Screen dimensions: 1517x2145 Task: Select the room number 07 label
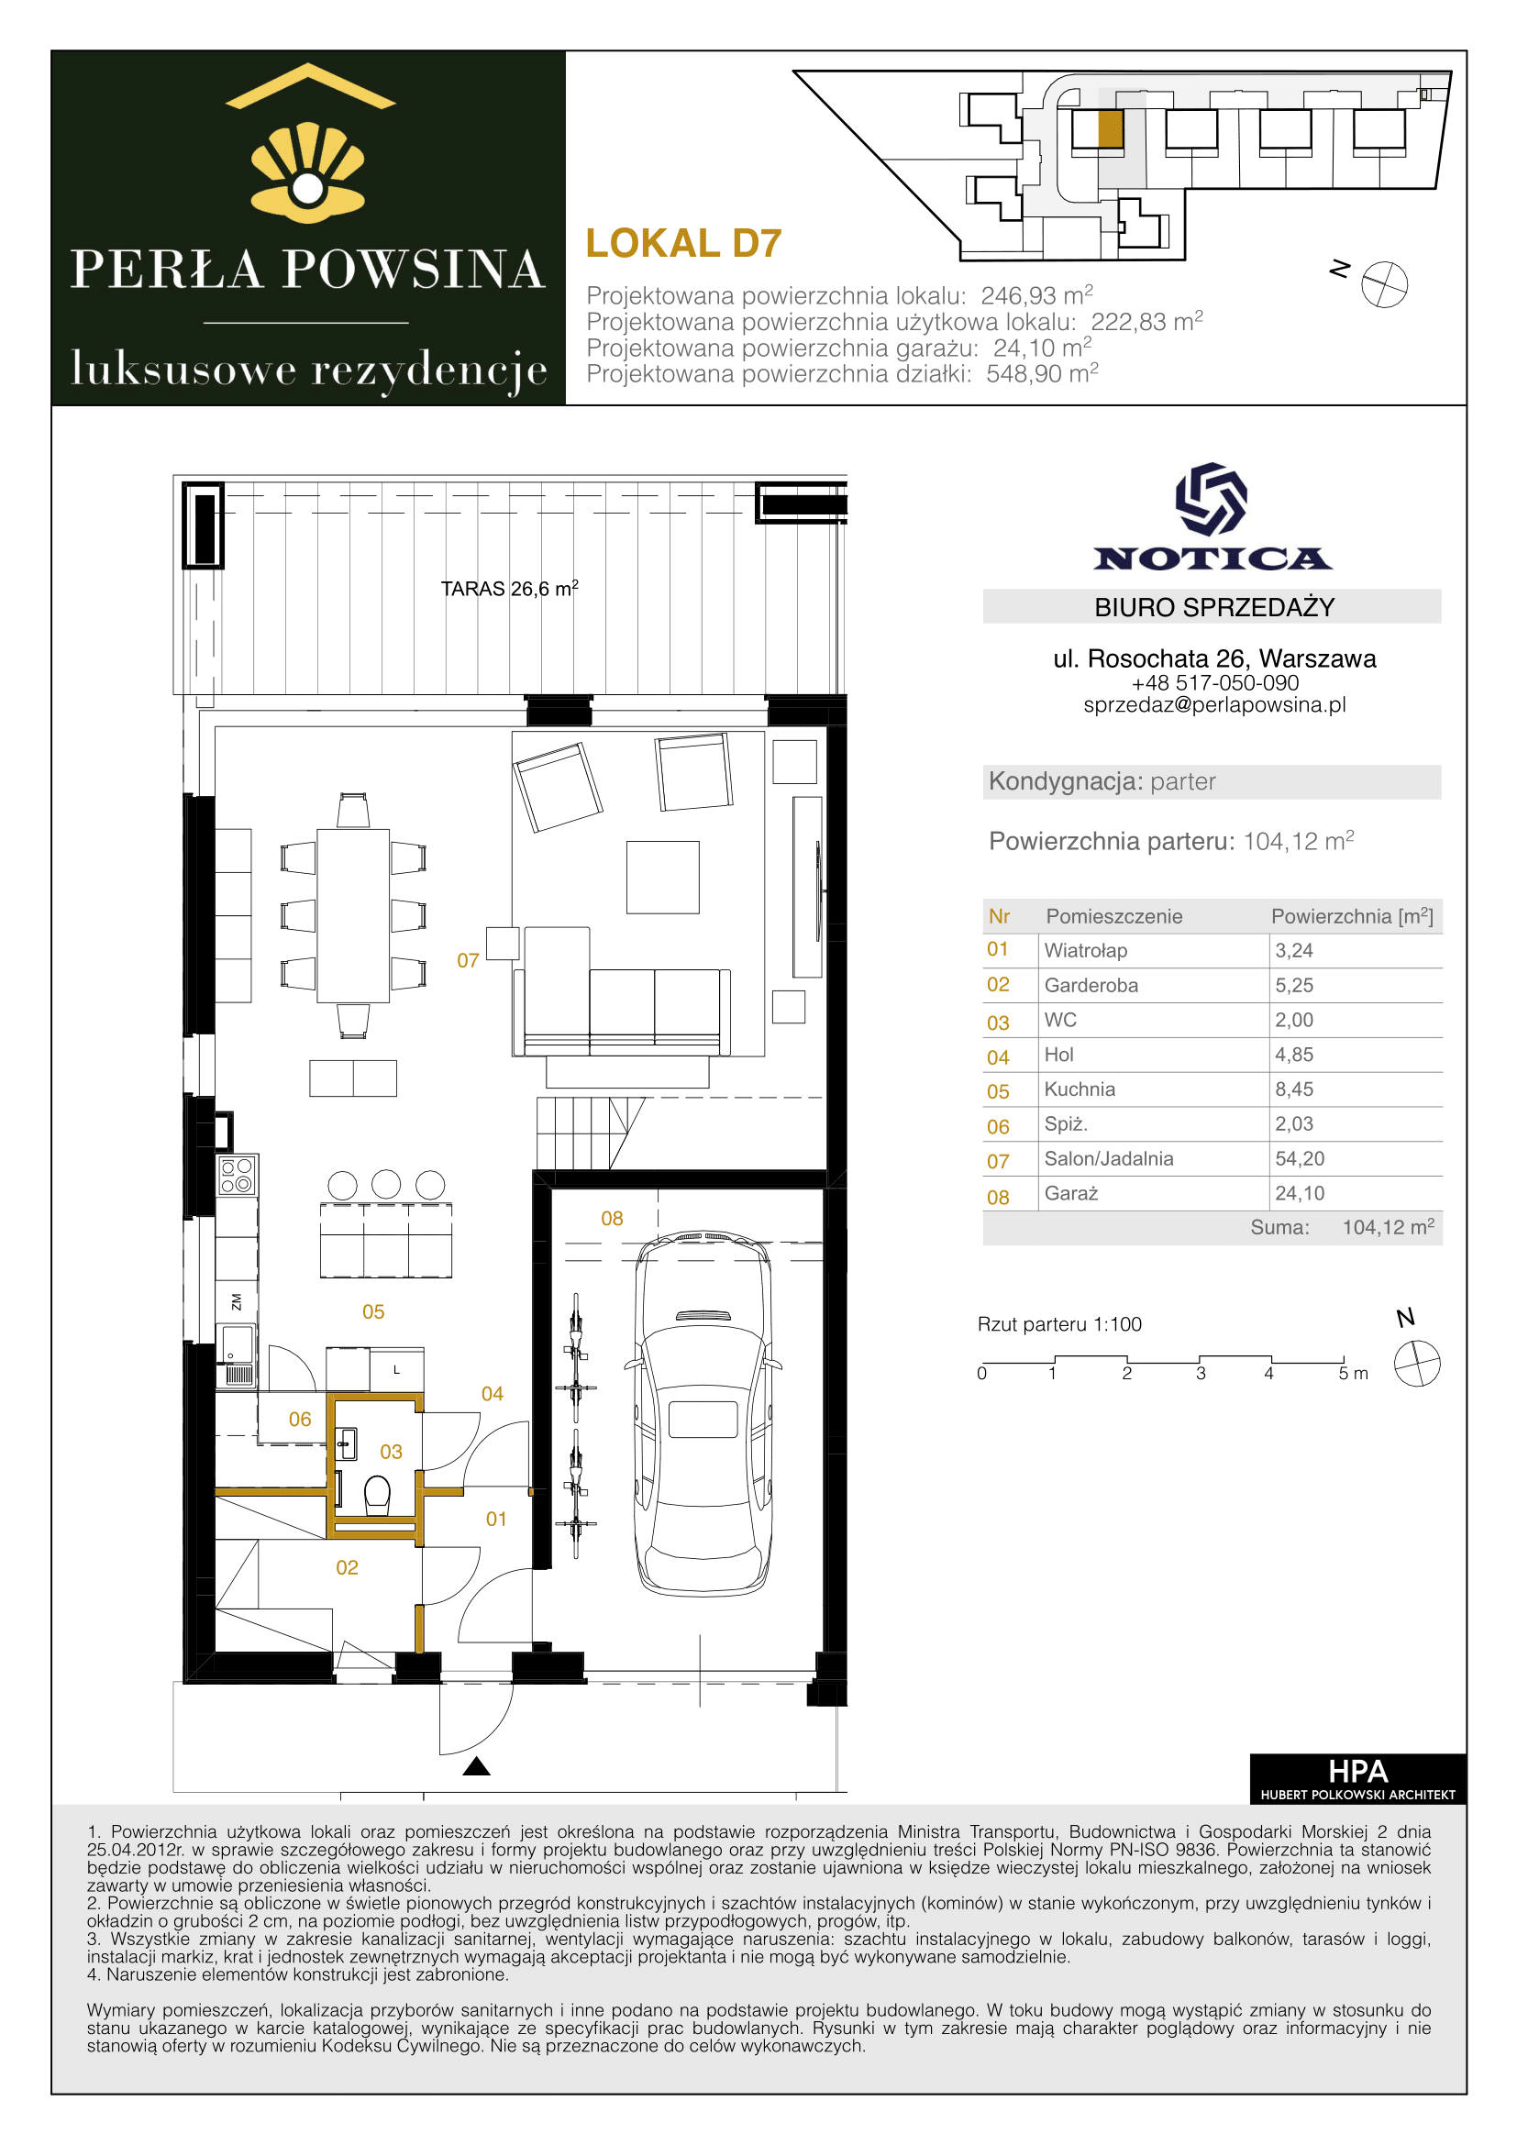pos(468,960)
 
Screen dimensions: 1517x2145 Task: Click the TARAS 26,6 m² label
pos(509,589)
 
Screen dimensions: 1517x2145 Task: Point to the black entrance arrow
pos(476,1765)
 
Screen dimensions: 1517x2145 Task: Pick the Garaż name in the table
pos(1070,1193)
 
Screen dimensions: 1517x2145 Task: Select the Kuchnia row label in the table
pos(1079,1089)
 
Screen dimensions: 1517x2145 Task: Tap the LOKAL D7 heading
pos(683,243)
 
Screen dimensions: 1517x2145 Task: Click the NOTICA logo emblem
pos(1211,499)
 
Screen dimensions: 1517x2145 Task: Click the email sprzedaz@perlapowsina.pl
pos(1213,705)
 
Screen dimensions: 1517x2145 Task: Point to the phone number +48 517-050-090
pos(1213,683)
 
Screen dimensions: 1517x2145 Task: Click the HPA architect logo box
pos(1357,1779)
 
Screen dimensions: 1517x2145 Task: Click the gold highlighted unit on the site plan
pos(1110,130)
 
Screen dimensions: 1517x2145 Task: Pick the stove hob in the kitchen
pos(237,1175)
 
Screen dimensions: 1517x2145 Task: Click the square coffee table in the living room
pos(662,878)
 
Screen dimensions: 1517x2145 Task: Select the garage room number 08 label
pos(612,1218)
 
